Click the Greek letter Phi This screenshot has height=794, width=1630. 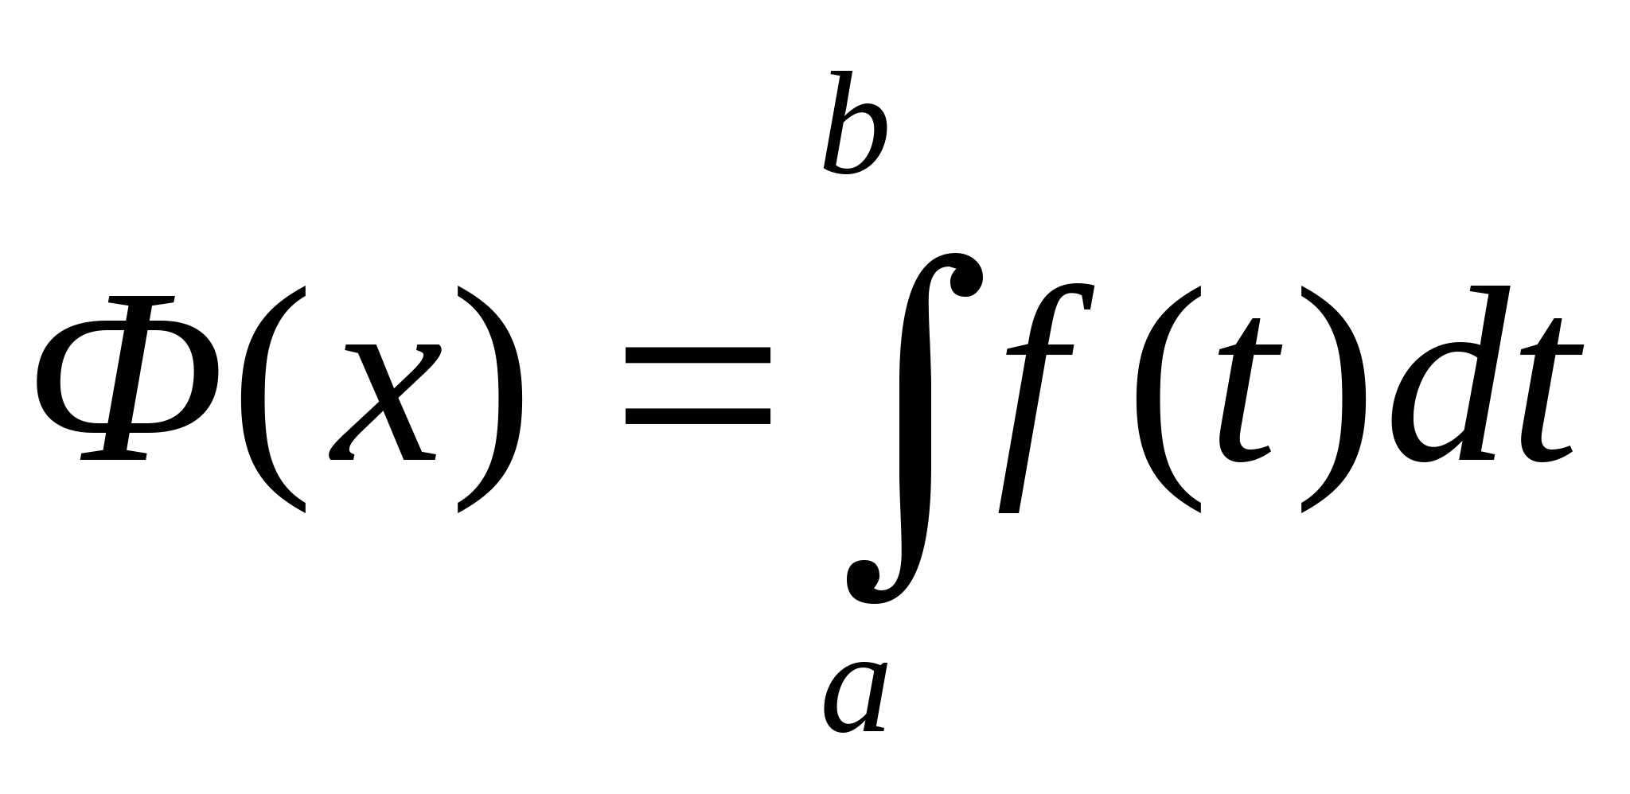click(128, 379)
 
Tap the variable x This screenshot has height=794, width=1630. click(385, 402)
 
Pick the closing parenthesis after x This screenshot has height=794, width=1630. click(489, 399)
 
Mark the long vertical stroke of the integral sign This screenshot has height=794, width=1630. click(914, 430)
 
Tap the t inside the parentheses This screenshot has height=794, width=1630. click(1249, 391)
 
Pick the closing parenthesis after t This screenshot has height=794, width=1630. click(1332, 399)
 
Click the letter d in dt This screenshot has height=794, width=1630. click(1446, 375)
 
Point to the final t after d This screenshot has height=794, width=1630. click(1548, 391)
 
